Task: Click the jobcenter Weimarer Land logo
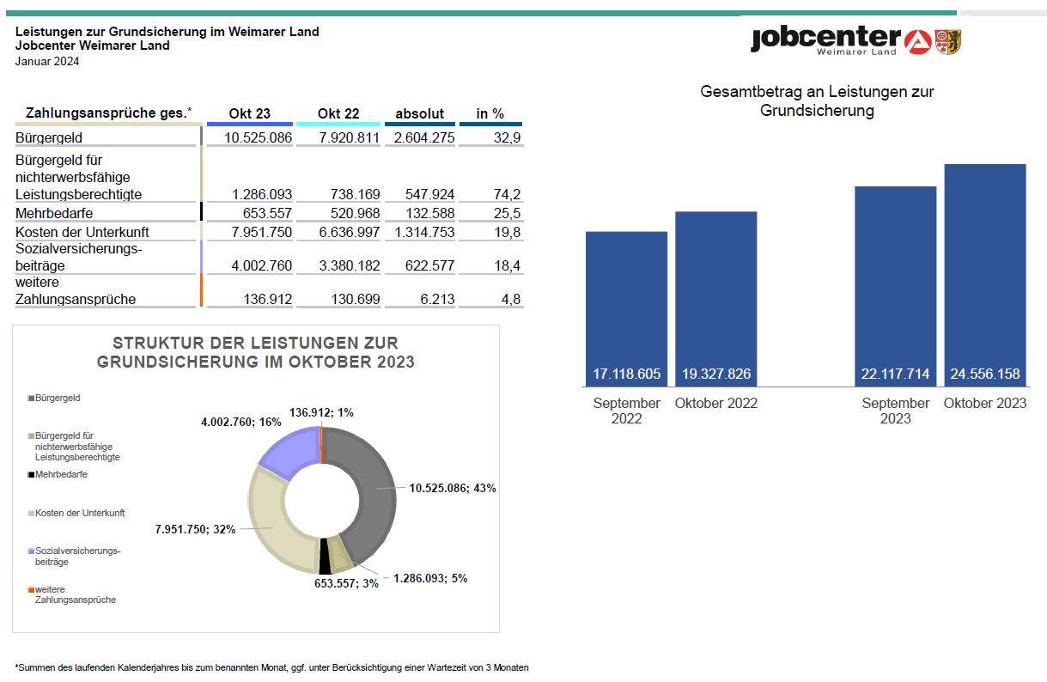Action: [855, 40]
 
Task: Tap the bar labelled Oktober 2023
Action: [984, 274]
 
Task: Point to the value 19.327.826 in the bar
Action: [715, 374]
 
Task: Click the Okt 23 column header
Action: [249, 113]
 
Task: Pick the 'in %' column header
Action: [490, 113]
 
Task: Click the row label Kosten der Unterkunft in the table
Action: [82, 232]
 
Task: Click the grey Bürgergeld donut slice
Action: [370, 481]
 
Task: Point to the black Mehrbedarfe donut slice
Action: [325, 558]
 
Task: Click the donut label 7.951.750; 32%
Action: [195, 529]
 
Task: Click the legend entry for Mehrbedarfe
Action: [60, 474]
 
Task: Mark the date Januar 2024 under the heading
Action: [47, 61]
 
